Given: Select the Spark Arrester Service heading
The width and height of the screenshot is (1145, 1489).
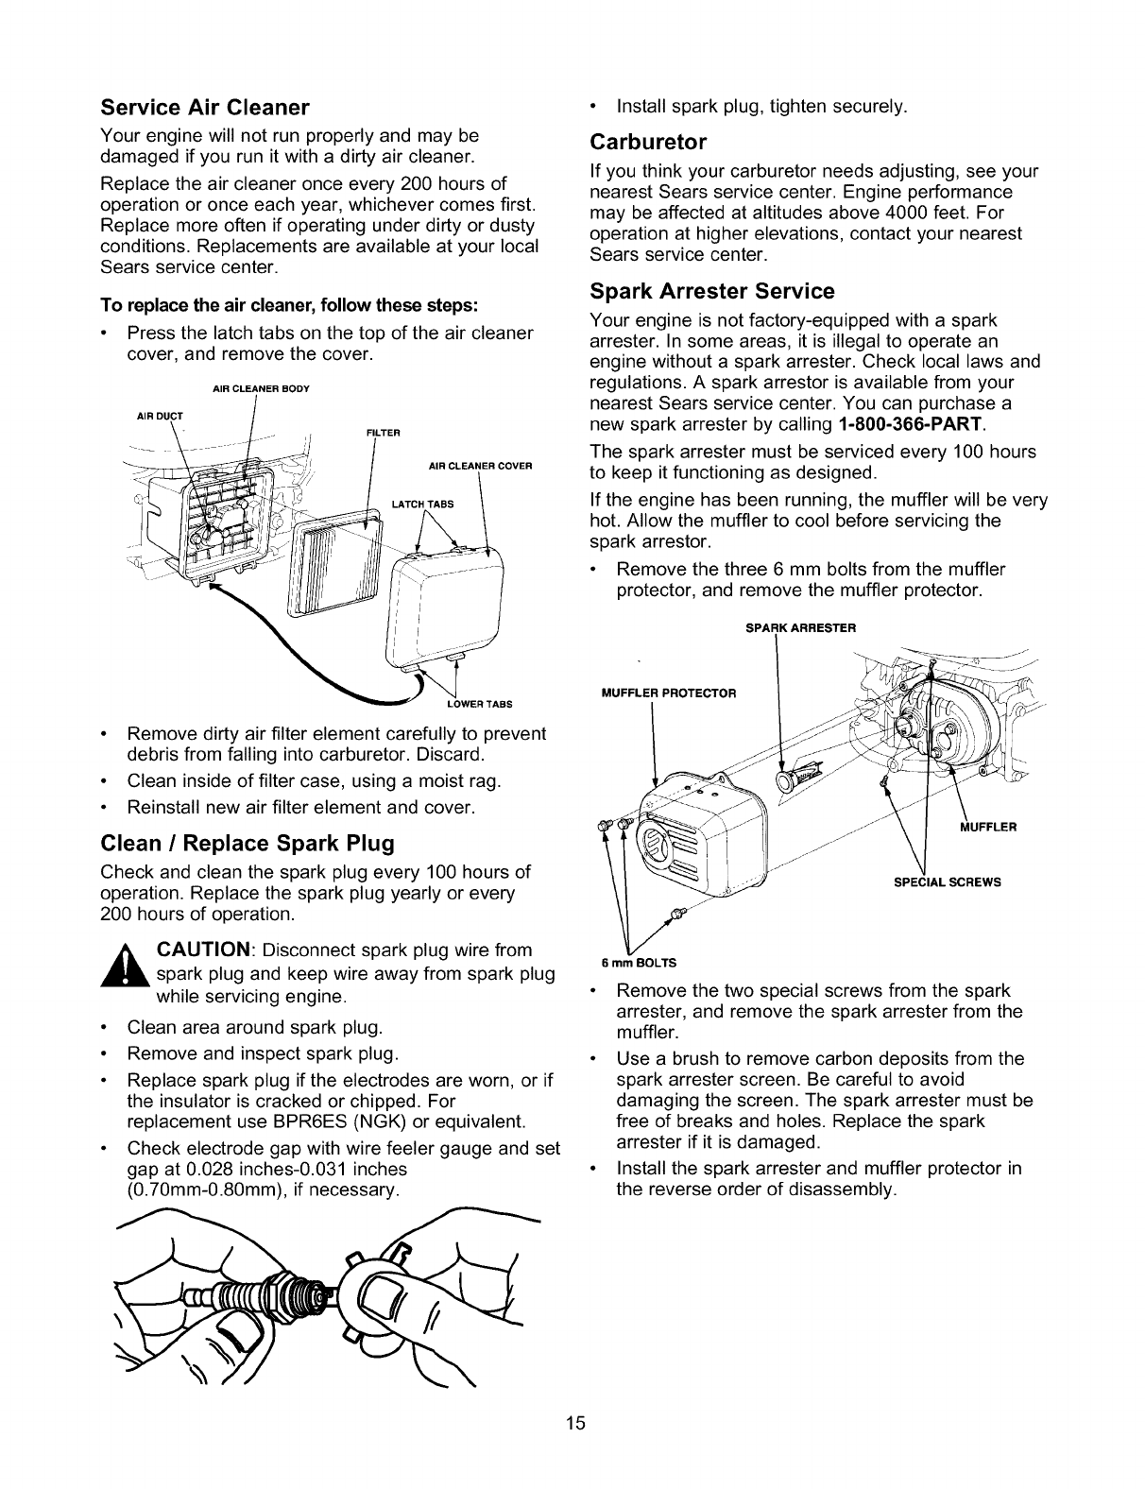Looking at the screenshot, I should tap(711, 290).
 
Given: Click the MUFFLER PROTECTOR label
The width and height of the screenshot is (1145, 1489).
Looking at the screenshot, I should tap(668, 693).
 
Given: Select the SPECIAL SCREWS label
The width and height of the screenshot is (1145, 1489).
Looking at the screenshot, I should tap(947, 882).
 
